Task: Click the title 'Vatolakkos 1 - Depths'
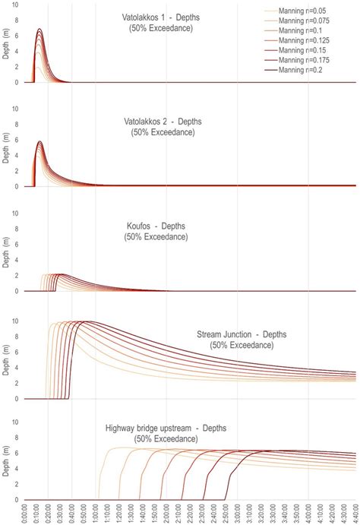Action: pos(159,17)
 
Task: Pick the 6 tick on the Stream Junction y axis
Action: pos(17,352)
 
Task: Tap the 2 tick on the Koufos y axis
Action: pos(17,277)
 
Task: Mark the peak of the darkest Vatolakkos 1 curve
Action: pos(39,30)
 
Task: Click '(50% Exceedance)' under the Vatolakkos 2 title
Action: pos(159,132)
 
